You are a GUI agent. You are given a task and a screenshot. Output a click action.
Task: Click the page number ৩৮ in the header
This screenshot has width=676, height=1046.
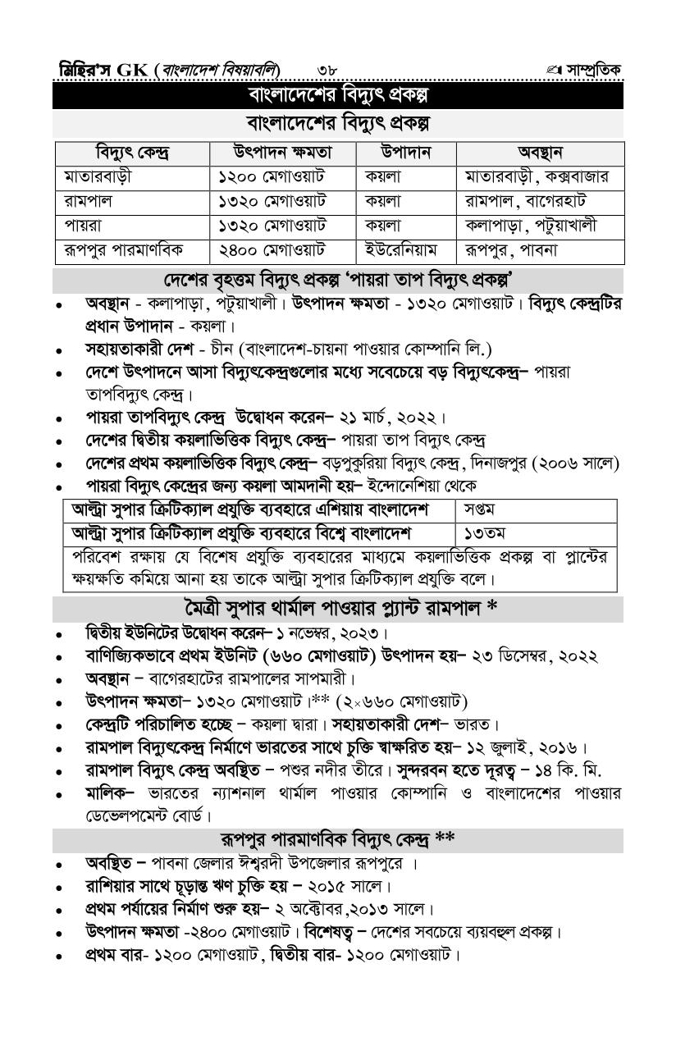[327, 70]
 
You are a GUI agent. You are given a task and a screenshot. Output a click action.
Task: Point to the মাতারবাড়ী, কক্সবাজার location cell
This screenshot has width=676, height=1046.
[537, 176]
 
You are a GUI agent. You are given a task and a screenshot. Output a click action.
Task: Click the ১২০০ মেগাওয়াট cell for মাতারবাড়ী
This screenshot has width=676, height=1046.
[272, 176]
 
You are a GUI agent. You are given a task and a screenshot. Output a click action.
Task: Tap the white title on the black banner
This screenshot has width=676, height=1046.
[338, 95]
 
